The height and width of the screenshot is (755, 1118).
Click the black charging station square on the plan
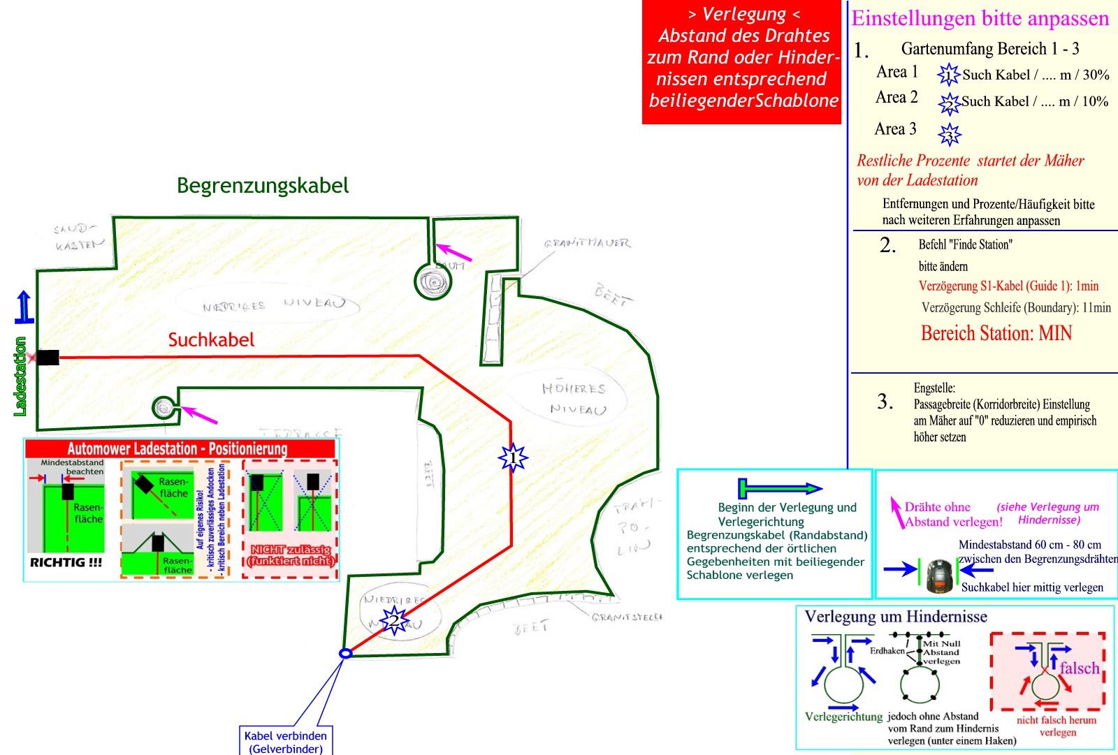[x=48, y=358]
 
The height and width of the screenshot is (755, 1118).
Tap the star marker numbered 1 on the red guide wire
[x=513, y=458]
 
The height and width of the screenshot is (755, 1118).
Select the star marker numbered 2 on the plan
[x=393, y=620]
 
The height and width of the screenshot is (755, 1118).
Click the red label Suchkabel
[x=211, y=340]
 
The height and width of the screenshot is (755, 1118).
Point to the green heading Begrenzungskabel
[x=263, y=186]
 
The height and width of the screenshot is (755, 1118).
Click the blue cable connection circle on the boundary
[x=344, y=653]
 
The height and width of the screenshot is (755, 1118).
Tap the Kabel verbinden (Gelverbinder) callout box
[x=286, y=742]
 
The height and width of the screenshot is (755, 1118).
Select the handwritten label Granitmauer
[x=587, y=243]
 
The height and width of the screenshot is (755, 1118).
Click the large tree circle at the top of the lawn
[x=433, y=281]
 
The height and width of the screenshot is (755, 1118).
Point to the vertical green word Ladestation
[x=20, y=376]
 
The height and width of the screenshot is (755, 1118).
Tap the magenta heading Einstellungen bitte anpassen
[x=980, y=18]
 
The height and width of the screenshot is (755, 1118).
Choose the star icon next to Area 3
[x=950, y=133]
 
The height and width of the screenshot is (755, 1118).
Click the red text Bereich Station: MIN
[x=996, y=333]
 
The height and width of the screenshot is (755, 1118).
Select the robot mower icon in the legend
[x=940, y=576]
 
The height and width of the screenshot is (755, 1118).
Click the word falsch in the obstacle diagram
[x=1079, y=668]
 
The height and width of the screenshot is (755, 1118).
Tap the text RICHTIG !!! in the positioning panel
[x=66, y=562]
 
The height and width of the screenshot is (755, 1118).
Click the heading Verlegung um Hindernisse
[x=896, y=617]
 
